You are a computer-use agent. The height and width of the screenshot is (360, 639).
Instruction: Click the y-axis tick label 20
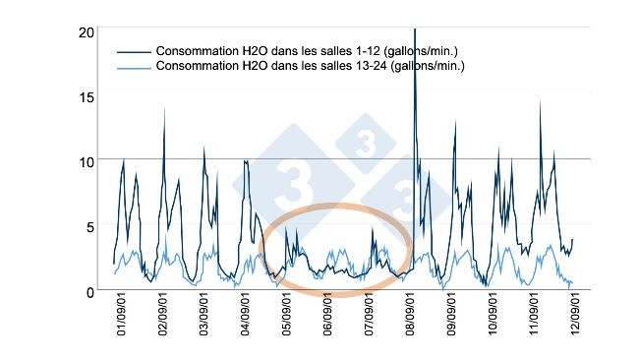[87, 32]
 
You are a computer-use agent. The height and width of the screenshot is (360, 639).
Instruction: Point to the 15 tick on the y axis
[87, 96]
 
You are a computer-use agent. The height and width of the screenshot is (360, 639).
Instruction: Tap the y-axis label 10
[87, 161]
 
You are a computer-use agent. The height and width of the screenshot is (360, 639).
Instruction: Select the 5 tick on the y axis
[89, 226]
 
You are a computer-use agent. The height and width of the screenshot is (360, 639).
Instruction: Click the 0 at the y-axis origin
[89, 291]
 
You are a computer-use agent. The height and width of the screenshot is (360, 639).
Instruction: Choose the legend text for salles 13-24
[311, 67]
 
